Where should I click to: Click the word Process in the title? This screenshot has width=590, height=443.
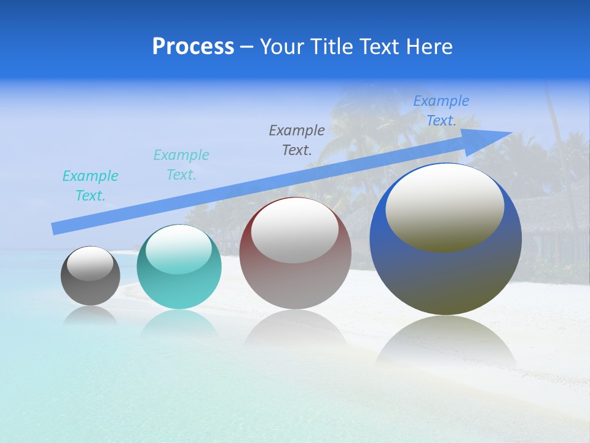(193, 47)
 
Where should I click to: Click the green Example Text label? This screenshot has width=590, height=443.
(90, 186)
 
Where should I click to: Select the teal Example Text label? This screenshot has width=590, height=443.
(181, 165)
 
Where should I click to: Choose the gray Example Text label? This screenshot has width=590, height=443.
(297, 140)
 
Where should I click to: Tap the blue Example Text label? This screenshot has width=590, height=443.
(441, 111)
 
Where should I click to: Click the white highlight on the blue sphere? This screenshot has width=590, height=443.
(444, 206)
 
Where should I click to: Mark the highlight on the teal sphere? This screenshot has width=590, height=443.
(179, 249)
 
